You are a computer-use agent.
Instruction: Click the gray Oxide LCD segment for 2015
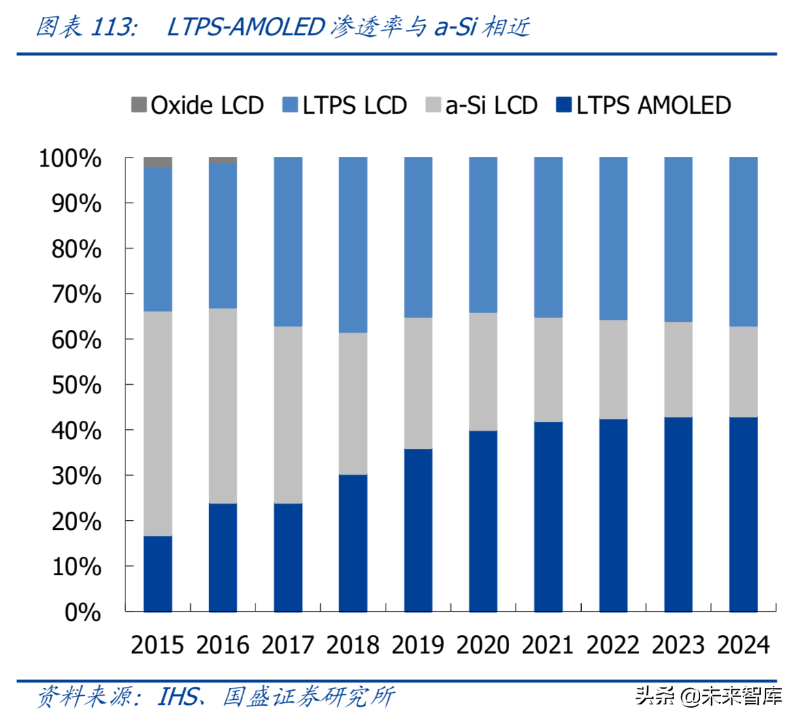(158, 162)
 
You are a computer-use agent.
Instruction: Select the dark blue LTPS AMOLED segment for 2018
(353, 543)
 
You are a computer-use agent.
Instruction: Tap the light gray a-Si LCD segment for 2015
(158, 423)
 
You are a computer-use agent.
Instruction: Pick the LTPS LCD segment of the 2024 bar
(743, 242)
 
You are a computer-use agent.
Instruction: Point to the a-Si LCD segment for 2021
(548, 370)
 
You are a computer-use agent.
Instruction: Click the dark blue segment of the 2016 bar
(223, 557)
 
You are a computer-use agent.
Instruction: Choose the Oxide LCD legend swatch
(139, 105)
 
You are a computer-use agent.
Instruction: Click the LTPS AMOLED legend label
(653, 105)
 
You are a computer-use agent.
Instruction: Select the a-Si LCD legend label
(492, 105)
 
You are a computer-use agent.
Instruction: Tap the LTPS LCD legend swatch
(290, 105)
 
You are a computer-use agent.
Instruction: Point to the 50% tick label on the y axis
(76, 386)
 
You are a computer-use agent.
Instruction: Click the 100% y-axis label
(70, 159)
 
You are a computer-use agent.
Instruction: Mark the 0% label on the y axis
(83, 613)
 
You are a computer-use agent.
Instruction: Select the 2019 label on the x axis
(418, 645)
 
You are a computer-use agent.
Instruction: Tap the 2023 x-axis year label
(678, 645)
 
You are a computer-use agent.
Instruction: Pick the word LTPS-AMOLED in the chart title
(246, 27)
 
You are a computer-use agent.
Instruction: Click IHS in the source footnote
(177, 697)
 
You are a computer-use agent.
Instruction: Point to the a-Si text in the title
(455, 27)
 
